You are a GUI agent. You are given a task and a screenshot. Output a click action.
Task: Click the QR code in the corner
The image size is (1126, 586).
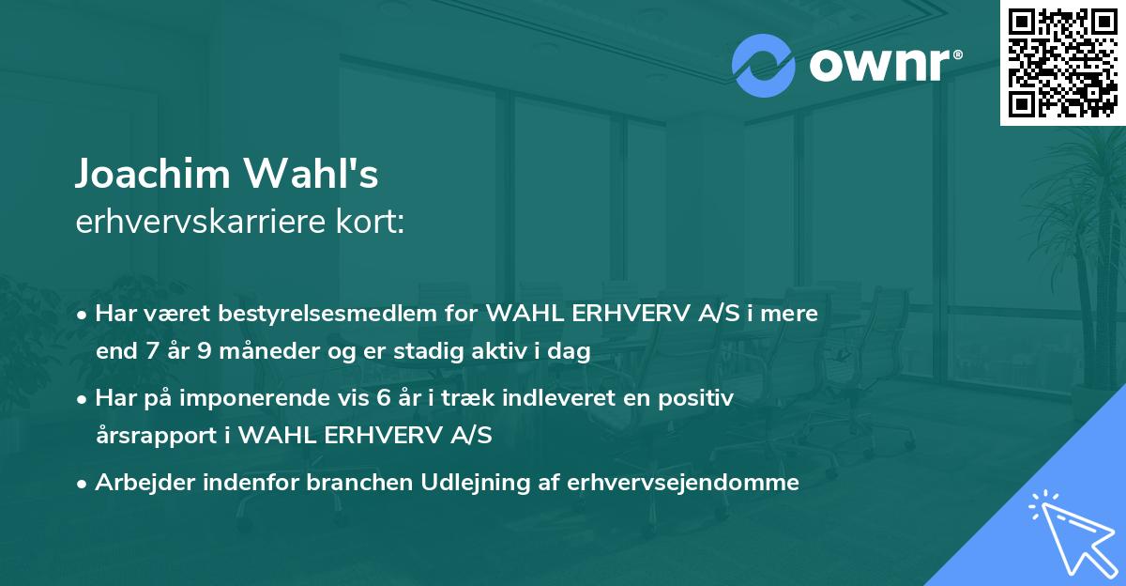pos(1062,63)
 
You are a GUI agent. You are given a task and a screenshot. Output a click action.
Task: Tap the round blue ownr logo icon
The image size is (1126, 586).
pos(764,66)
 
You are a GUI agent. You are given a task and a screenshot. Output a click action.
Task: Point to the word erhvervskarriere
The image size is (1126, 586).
pos(201,223)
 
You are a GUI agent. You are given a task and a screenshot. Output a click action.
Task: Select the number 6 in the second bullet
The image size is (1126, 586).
pos(383,398)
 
